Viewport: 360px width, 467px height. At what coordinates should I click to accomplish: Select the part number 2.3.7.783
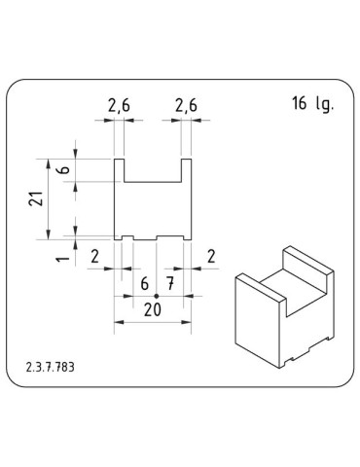tap(51, 368)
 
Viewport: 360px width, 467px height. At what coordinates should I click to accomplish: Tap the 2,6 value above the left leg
tap(120, 104)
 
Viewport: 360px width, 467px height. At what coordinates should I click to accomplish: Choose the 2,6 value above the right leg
tap(186, 104)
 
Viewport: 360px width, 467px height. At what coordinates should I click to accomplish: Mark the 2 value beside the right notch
tap(211, 256)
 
